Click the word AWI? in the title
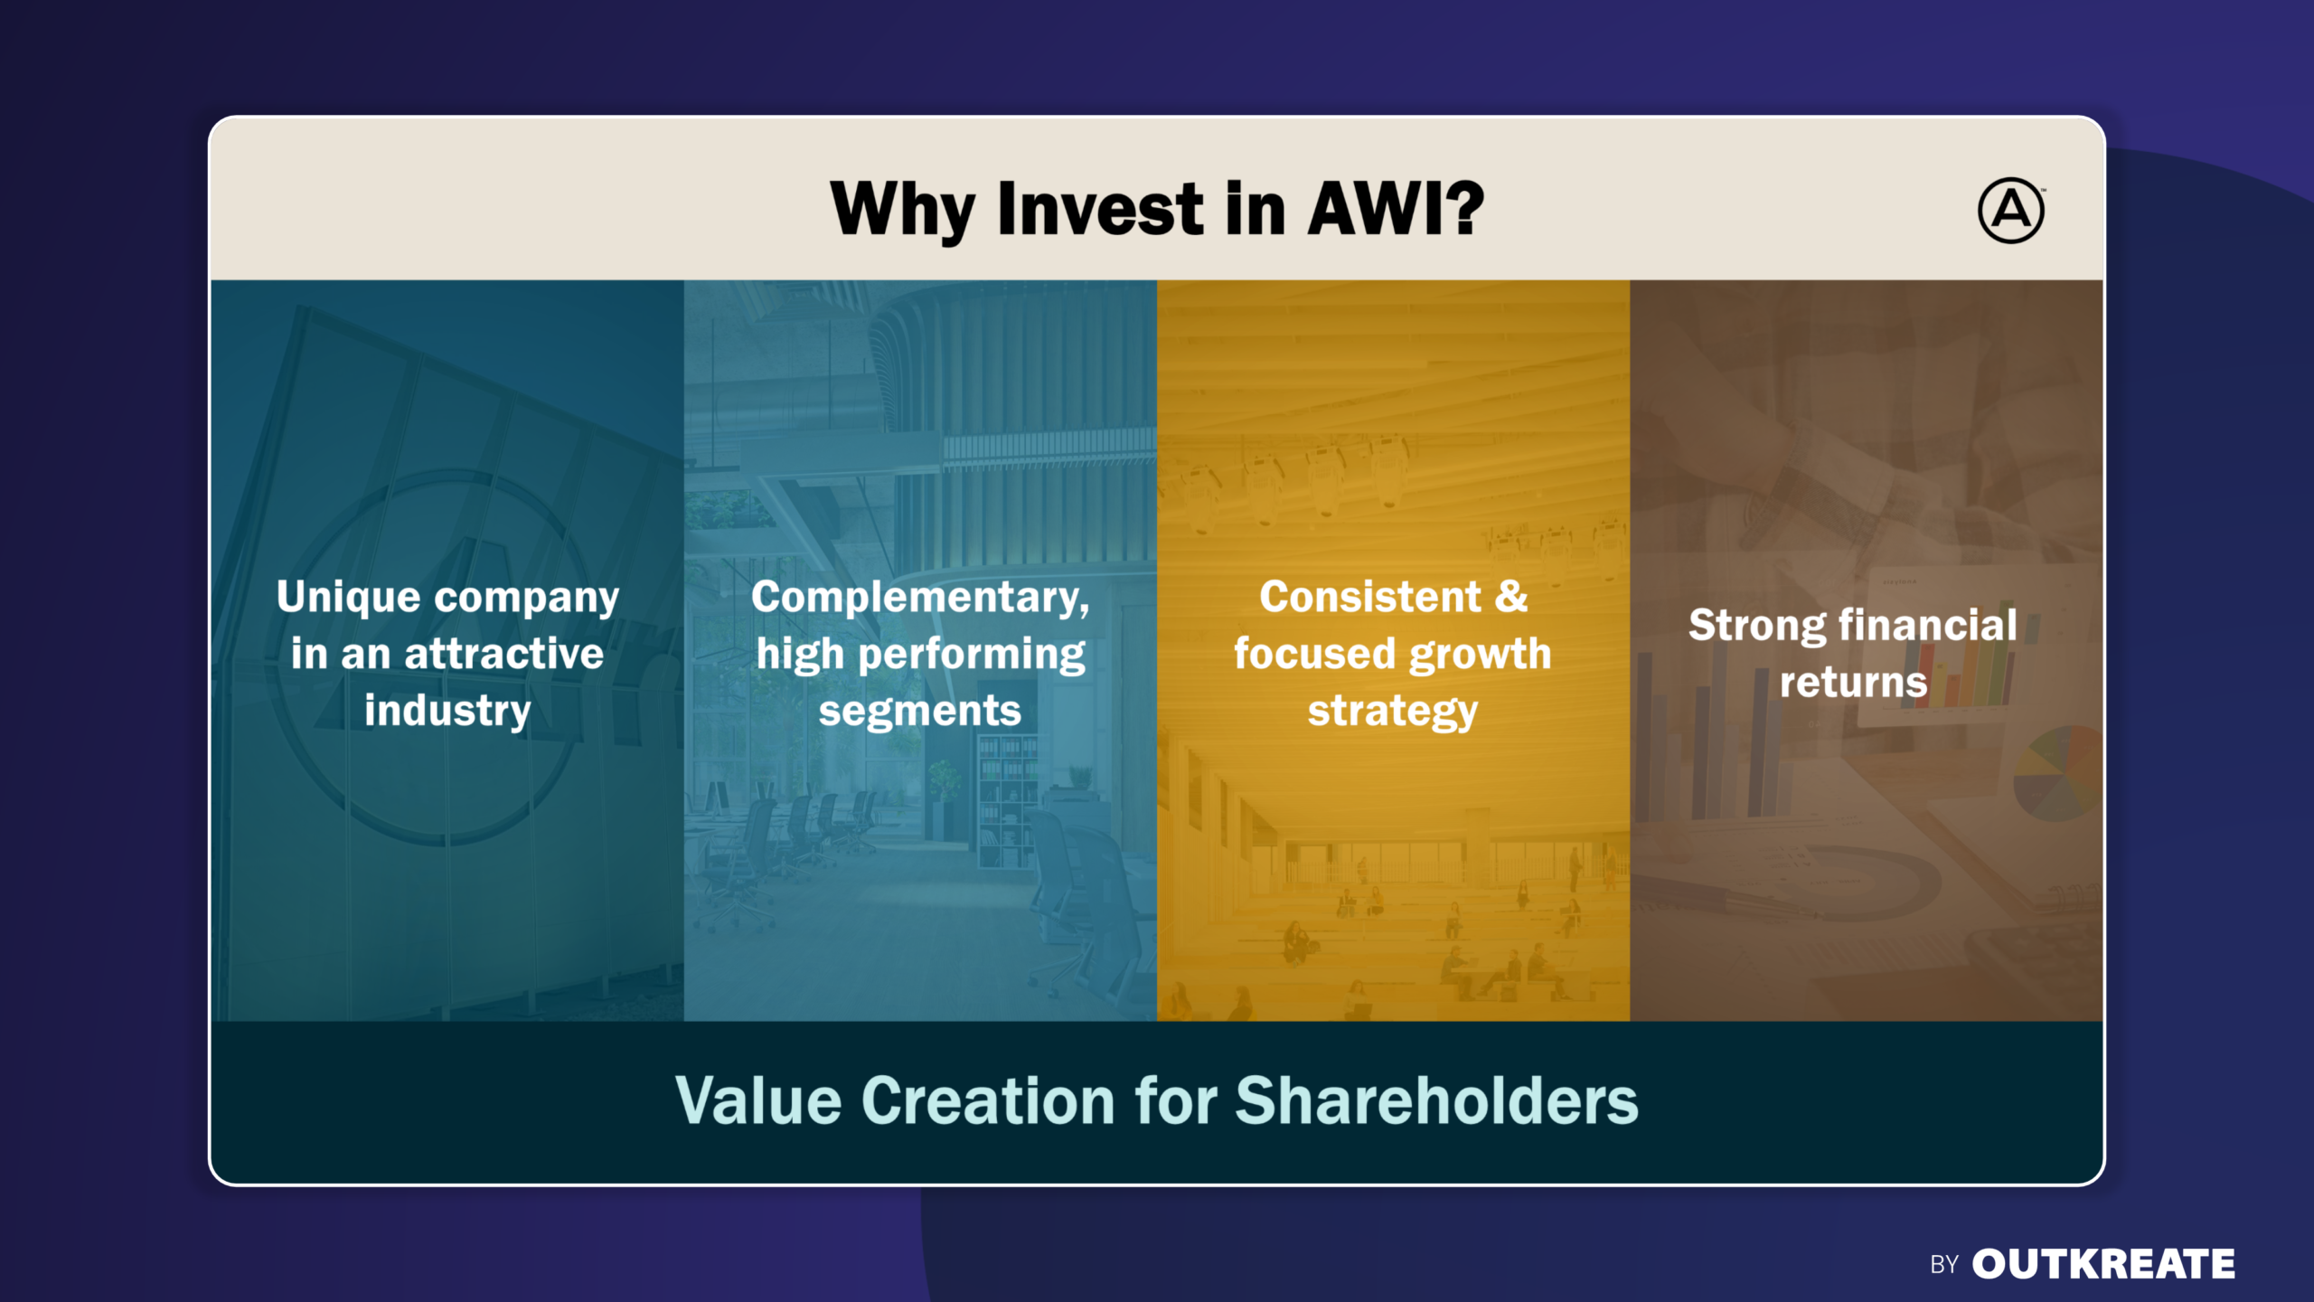pyautogui.click(x=1397, y=209)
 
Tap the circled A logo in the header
pyautogui.click(x=2010, y=211)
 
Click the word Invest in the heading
pyautogui.click(x=1100, y=209)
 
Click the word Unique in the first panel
pyautogui.click(x=348, y=599)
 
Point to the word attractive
pyautogui.click(x=503, y=654)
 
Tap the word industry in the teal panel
pyautogui.click(x=447, y=712)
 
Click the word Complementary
pyautogui.click(x=920, y=599)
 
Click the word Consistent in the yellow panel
pyautogui.click(x=1370, y=597)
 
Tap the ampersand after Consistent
pyautogui.click(x=1511, y=597)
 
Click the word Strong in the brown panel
pyautogui.click(x=1757, y=627)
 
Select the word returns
pyautogui.click(x=1853, y=683)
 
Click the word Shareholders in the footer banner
pyautogui.click(x=1436, y=1101)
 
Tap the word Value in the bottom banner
pyautogui.click(x=758, y=1101)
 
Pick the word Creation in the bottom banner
pyautogui.click(x=989, y=1101)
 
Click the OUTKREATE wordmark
pyautogui.click(x=2103, y=1264)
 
